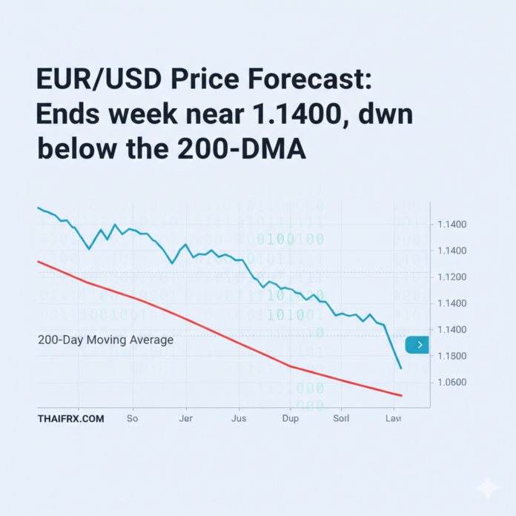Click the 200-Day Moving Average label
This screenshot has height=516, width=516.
coord(105,340)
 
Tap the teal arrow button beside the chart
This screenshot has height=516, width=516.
coord(417,345)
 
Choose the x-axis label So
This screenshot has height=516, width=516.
coord(133,419)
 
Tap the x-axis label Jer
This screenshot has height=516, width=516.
coord(186,419)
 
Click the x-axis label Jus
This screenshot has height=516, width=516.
coord(239,419)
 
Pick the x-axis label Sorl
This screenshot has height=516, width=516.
coord(341,419)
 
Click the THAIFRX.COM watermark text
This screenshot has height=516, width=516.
coord(70,419)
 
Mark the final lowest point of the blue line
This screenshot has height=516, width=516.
coord(401,368)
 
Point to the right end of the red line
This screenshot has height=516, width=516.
coord(401,395)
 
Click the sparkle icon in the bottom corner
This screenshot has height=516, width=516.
coord(488,487)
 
